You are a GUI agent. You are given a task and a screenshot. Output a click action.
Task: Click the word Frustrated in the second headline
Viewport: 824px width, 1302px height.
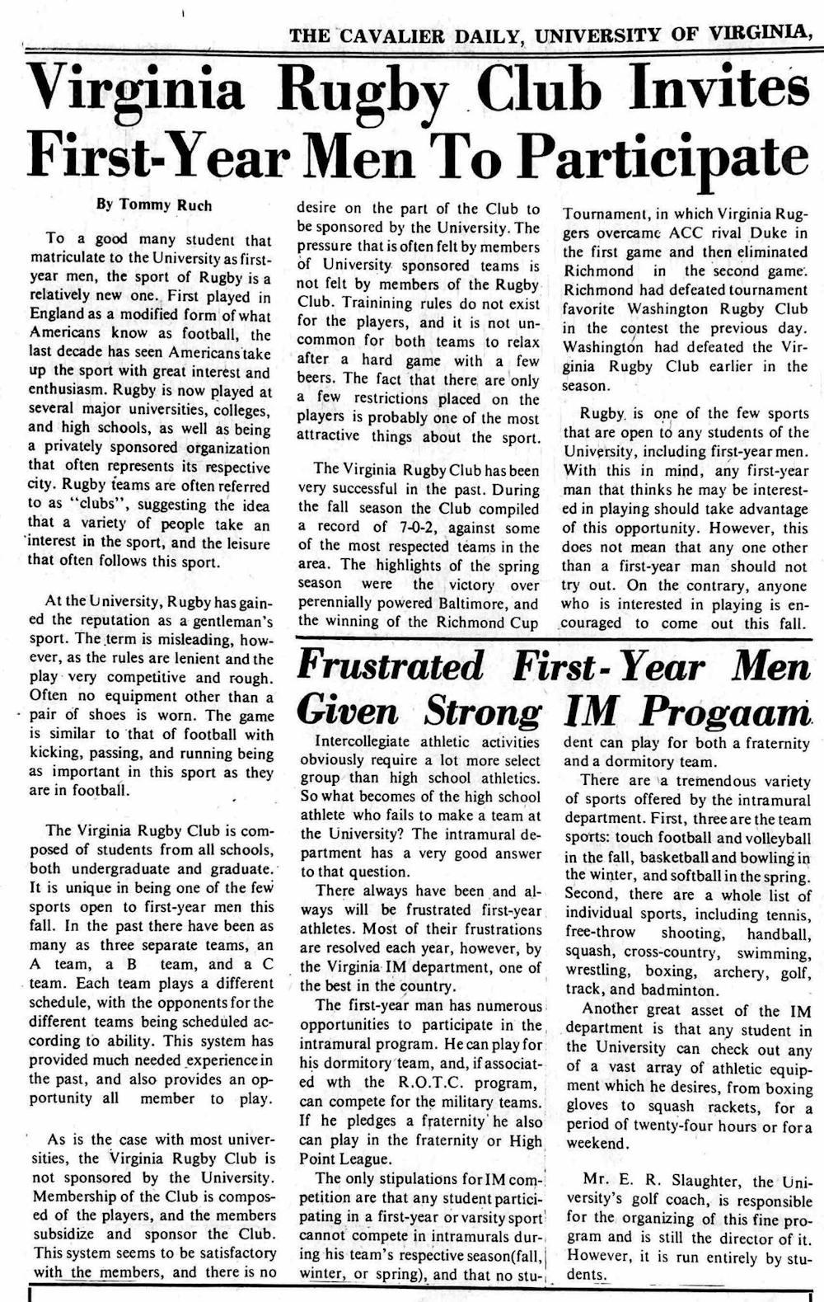pos(391,665)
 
